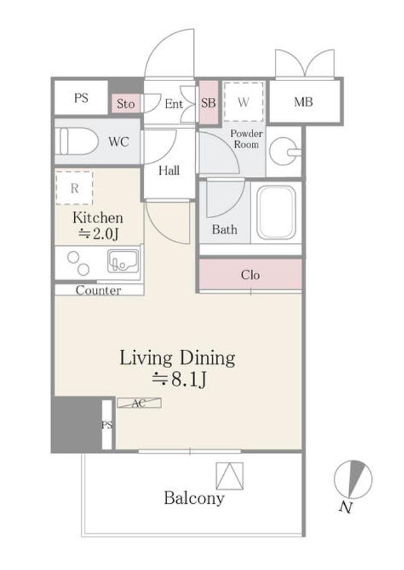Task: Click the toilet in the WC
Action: (x=79, y=141)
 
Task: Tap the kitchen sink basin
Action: (x=123, y=261)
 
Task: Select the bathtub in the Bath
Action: (x=276, y=212)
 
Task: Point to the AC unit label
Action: (x=139, y=403)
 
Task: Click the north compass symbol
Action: (x=353, y=480)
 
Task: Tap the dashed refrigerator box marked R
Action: (x=74, y=188)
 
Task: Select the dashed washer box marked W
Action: (x=243, y=102)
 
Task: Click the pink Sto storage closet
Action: (x=125, y=104)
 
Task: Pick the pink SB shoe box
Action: (x=208, y=102)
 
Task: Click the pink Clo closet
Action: (x=251, y=274)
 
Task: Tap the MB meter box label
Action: (x=304, y=102)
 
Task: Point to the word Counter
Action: (x=99, y=290)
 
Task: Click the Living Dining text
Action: (x=177, y=359)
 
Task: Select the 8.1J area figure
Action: (x=180, y=380)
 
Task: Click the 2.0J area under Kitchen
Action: (x=99, y=234)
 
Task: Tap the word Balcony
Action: (x=194, y=498)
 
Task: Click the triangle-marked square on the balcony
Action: (x=229, y=476)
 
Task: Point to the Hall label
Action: (x=169, y=170)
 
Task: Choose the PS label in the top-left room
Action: (x=81, y=98)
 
